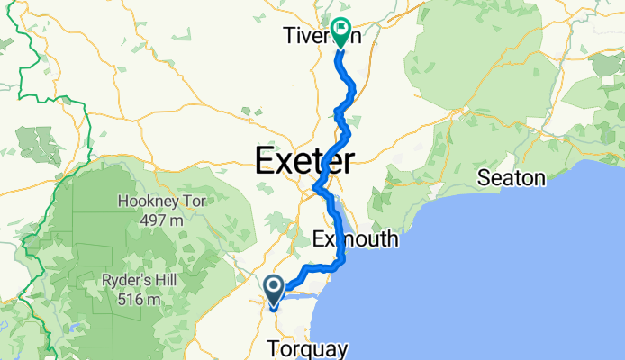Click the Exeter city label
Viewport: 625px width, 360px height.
coord(304,162)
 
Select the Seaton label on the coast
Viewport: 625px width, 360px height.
coord(511,178)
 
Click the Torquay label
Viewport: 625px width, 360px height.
coord(306,346)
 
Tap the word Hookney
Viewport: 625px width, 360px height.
coord(144,202)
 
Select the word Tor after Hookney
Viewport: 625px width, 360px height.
coord(193,202)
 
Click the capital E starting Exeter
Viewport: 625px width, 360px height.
coord(266,162)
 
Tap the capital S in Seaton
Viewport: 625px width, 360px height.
coord(484,178)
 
